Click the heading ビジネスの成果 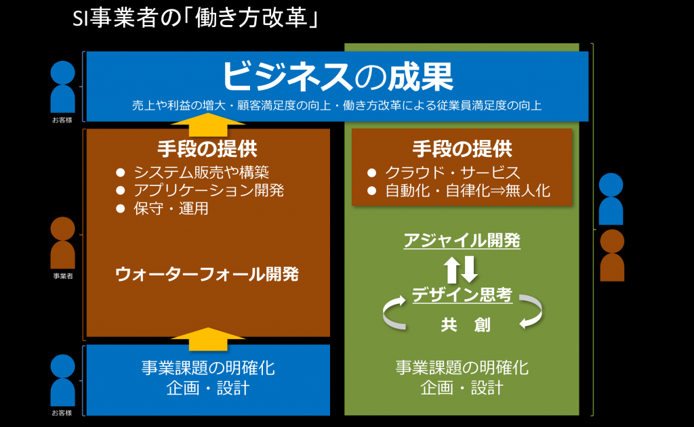coord(338,76)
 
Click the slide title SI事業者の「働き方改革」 coord(195,18)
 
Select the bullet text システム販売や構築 coord(201,172)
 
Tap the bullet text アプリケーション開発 coord(209,190)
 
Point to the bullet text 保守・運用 coord(171,208)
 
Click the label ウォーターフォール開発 coord(207,275)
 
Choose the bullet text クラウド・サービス coord(452,173)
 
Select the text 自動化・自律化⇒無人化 coord(468,191)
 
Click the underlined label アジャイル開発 coord(462,240)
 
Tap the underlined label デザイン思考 coord(462,295)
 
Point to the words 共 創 coord(465,325)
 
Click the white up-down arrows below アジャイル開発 coord(461,269)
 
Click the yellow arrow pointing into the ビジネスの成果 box coord(207,125)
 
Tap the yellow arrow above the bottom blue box coord(207,339)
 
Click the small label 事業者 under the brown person coord(63,276)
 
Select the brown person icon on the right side coord(612,256)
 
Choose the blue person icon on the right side coord(611,199)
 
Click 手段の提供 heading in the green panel coord(462,149)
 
